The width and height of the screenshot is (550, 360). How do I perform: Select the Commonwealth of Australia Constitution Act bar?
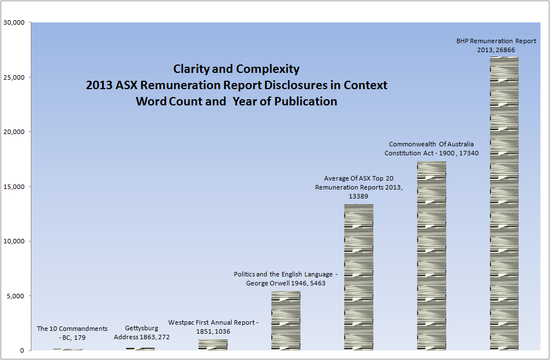click(x=432, y=256)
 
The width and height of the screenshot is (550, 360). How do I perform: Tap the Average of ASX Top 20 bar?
click(x=359, y=277)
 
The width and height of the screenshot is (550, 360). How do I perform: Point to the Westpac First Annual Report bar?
click(x=213, y=345)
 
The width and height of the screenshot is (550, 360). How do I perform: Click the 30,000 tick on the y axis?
click(x=14, y=23)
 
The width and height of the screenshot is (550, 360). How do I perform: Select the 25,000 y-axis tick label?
click(x=14, y=77)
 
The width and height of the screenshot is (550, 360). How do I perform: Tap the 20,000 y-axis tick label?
click(x=14, y=132)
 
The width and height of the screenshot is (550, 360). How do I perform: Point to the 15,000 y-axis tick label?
click(x=14, y=187)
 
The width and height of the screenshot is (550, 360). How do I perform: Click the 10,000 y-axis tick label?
click(x=14, y=242)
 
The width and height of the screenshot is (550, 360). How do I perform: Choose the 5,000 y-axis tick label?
click(x=16, y=296)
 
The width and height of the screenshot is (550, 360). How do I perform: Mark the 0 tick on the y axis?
click(x=22, y=351)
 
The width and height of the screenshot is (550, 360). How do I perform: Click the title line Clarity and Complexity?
click(x=236, y=70)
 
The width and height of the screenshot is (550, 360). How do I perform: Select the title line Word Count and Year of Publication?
click(x=236, y=101)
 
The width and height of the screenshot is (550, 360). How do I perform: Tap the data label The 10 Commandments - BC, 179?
click(x=72, y=333)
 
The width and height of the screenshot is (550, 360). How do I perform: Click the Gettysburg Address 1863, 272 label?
click(x=142, y=333)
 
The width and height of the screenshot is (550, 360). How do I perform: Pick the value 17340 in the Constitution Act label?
click(x=468, y=153)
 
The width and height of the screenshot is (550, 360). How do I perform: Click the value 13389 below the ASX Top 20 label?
click(x=359, y=196)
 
